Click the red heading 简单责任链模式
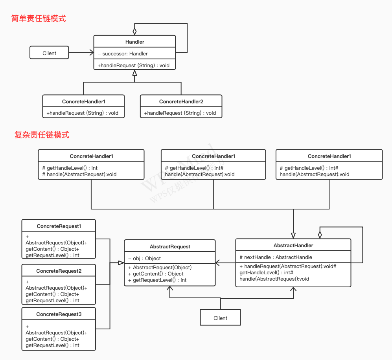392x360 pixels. [39, 18]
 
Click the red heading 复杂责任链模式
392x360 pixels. [42, 135]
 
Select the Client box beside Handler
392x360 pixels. [49, 53]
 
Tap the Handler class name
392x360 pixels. [134, 42]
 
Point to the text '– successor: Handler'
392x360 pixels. [123, 53]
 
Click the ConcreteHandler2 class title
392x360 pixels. [181, 101]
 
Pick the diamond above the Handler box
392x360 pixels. [134, 31]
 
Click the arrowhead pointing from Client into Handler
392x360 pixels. [91, 53]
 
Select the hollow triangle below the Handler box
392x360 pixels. [134, 73]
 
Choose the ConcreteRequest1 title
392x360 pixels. [59, 226]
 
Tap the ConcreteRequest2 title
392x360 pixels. [59, 271]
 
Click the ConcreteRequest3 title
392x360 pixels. [59, 314]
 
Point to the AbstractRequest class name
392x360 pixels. [170, 246]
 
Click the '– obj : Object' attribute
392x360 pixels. [144, 258]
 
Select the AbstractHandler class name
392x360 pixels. [293, 245]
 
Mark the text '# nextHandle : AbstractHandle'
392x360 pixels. [276, 257]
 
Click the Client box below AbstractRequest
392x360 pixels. [220, 318]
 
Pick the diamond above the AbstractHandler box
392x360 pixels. [320, 235]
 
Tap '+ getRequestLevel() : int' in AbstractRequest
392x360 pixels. [157, 280]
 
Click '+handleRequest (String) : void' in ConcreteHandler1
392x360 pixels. [83, 113]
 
